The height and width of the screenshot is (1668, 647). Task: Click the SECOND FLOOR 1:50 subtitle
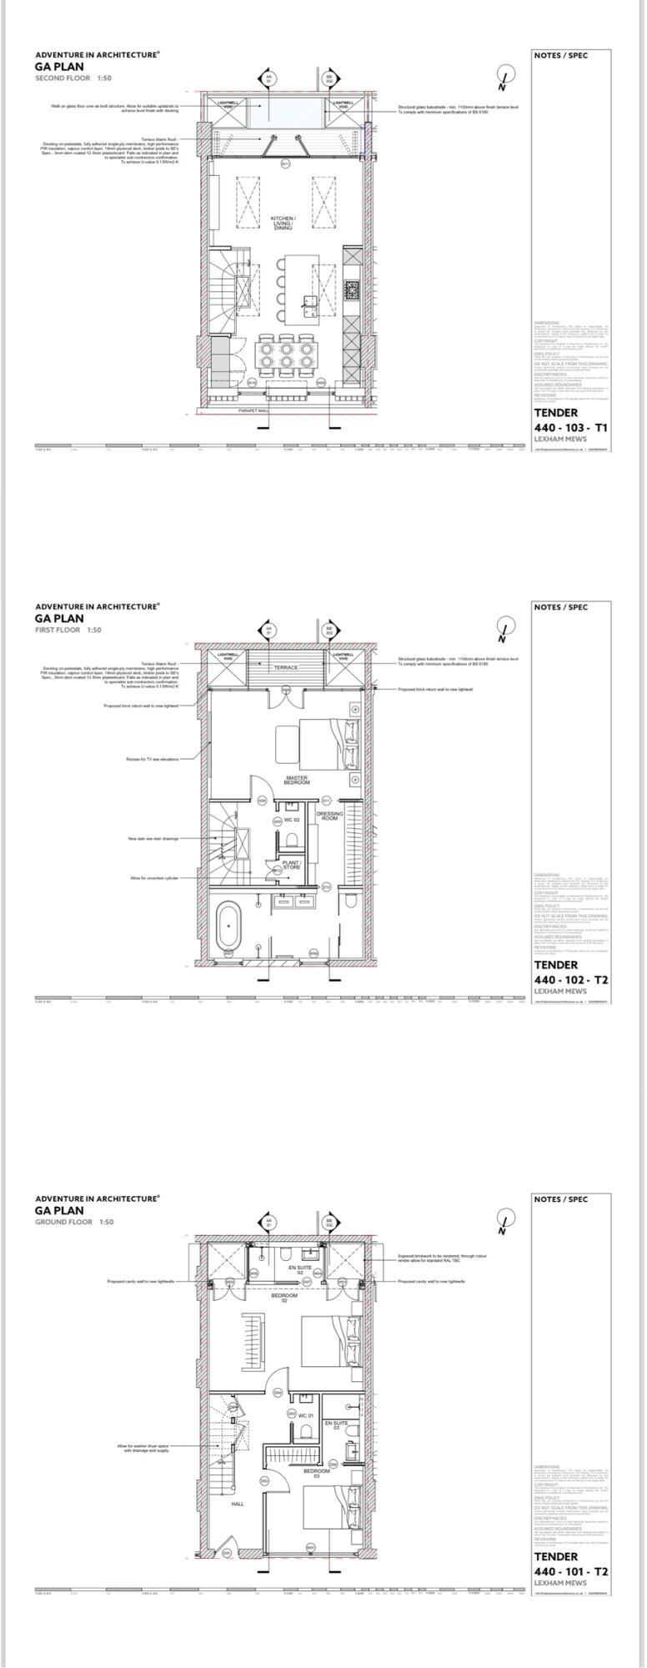(73, 78)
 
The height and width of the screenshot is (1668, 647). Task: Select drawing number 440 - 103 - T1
(571, 427)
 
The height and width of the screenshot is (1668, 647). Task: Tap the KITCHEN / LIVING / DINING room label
(283, 223)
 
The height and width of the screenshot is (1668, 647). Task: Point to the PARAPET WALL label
(253, 411)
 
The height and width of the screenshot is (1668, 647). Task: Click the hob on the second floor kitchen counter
(352, 290)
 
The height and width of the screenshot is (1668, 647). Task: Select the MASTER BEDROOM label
(297, 780)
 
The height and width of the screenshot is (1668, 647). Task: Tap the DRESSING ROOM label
(329, 816)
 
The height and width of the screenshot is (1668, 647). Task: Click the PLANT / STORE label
(291, 865)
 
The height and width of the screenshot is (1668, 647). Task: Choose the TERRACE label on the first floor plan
(285, 667)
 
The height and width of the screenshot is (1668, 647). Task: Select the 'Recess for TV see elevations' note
(152, 759)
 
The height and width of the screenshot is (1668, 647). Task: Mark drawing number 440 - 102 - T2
(571, 979)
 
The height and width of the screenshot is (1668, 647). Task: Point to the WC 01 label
(305, 1415)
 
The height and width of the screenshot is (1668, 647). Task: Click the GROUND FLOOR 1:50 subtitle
(74, 1222)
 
